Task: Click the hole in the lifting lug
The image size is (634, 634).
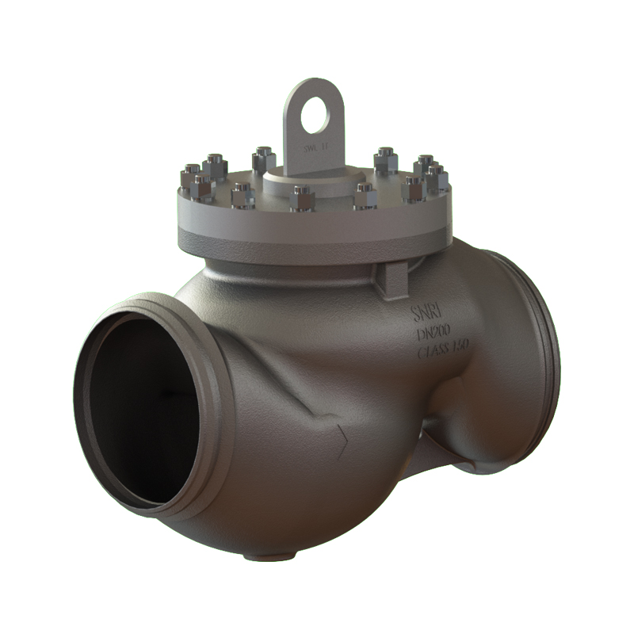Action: (x=315, y=117)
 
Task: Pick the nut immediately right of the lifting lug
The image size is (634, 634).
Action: (x=385, y=161)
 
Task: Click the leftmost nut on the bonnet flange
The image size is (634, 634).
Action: (x=191, y=181)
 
